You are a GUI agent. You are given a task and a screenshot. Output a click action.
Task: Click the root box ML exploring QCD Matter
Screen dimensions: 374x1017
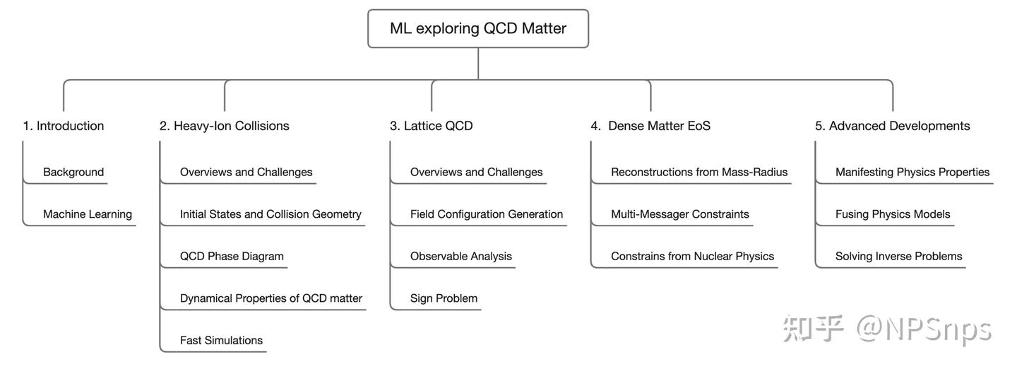coord(478,28)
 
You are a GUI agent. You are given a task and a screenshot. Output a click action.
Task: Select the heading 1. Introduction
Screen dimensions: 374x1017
coord(64,126)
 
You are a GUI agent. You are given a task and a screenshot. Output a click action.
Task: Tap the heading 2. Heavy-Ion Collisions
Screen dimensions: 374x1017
coord(225,126)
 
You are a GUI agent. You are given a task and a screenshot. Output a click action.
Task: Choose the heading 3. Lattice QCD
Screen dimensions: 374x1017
coord(432,126)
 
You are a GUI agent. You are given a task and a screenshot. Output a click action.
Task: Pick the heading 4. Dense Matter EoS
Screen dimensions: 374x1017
coord(651,126)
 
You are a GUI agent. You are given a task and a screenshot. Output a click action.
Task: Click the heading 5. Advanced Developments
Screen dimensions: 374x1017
coord(893,126)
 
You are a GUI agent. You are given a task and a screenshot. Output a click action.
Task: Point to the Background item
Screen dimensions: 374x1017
coord(73,172)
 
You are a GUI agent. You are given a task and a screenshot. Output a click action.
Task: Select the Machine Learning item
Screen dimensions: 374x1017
coord(88,214)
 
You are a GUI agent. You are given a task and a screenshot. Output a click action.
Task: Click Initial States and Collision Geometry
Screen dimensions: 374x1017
coord(270,214)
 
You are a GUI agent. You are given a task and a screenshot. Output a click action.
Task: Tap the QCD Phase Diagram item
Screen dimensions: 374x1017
coord(232,256)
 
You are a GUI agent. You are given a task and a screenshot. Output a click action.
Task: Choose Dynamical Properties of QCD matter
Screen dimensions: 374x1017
coord(271,298)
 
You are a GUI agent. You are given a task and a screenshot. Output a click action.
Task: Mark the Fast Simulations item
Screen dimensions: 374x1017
coord(221,340)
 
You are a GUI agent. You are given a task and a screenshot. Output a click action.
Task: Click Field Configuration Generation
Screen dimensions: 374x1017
coord(487,214)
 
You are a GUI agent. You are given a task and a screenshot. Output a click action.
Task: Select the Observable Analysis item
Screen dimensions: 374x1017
coord(461,256)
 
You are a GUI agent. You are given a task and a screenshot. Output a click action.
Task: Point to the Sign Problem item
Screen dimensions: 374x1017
coord(444,298)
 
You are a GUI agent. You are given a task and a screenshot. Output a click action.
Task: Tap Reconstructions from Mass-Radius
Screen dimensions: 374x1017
coord(699,172)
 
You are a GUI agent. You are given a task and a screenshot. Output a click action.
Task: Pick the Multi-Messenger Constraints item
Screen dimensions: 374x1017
coord(680,214)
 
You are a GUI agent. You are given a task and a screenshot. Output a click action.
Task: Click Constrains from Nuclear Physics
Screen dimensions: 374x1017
coord(693,256)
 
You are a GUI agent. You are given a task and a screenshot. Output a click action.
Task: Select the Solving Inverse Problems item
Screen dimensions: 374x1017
coord(899,256)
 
